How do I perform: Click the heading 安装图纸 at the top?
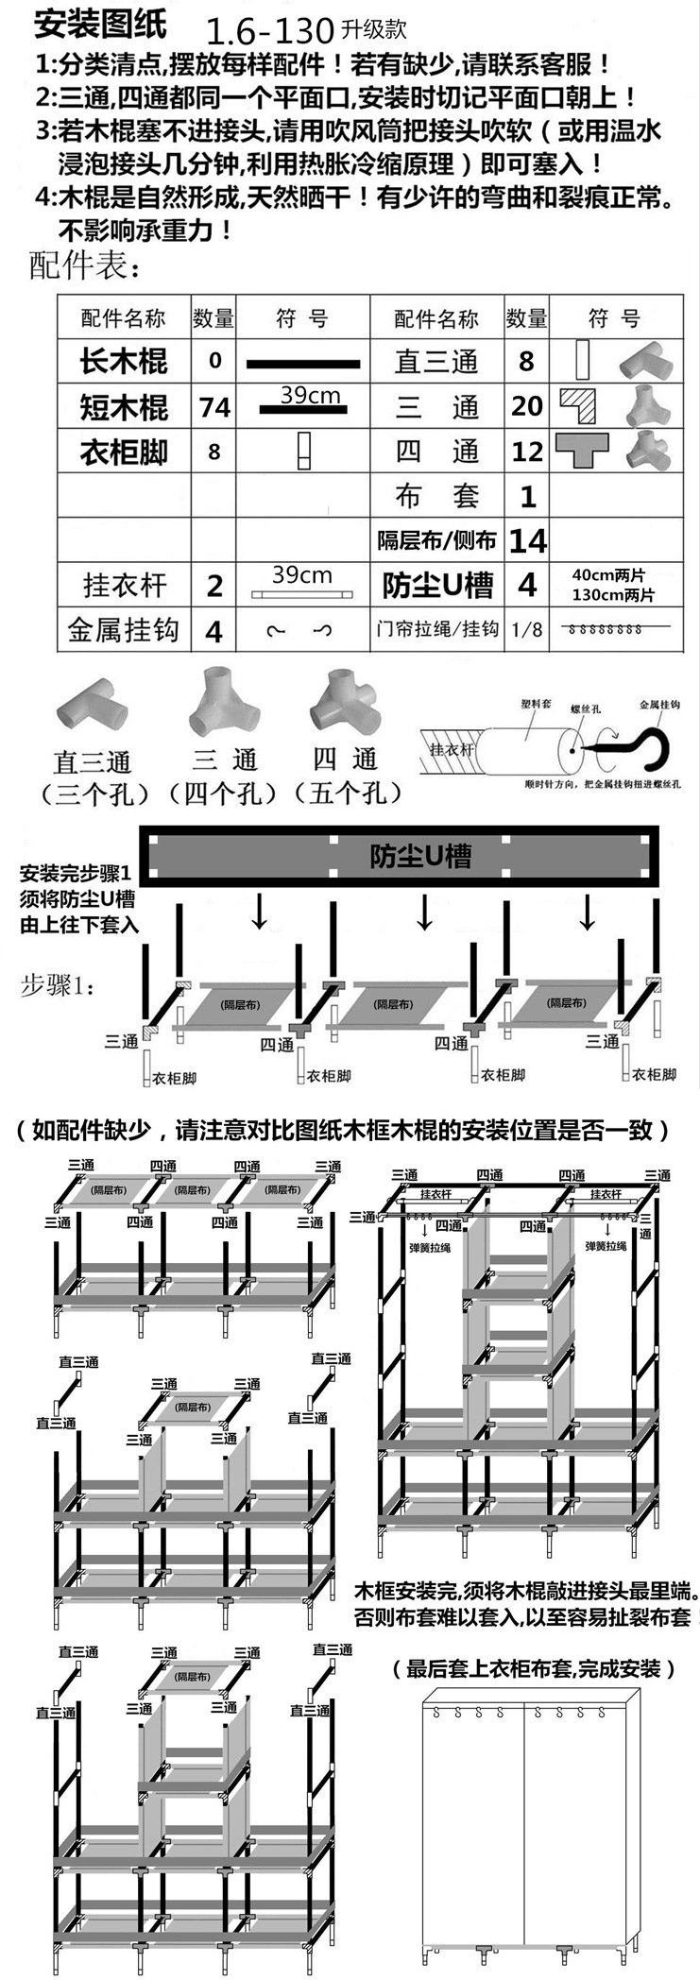(100, 24)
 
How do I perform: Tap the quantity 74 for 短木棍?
(214, 407)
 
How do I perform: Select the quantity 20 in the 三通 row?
(527, 406)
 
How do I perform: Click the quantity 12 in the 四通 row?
(527, 452)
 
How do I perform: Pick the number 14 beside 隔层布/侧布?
(527, 541)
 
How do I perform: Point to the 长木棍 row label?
(123, 361)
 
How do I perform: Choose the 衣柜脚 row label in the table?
(123, 452)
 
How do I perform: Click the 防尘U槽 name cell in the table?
(437, 586)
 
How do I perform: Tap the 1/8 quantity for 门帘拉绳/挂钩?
(527, 629)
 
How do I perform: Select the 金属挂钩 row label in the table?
(123, 630)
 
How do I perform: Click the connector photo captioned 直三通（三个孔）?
(93, 709)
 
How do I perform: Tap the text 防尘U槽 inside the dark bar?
(419, 857)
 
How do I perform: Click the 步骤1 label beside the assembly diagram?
(57, 987)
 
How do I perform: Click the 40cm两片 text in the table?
(614, 574)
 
